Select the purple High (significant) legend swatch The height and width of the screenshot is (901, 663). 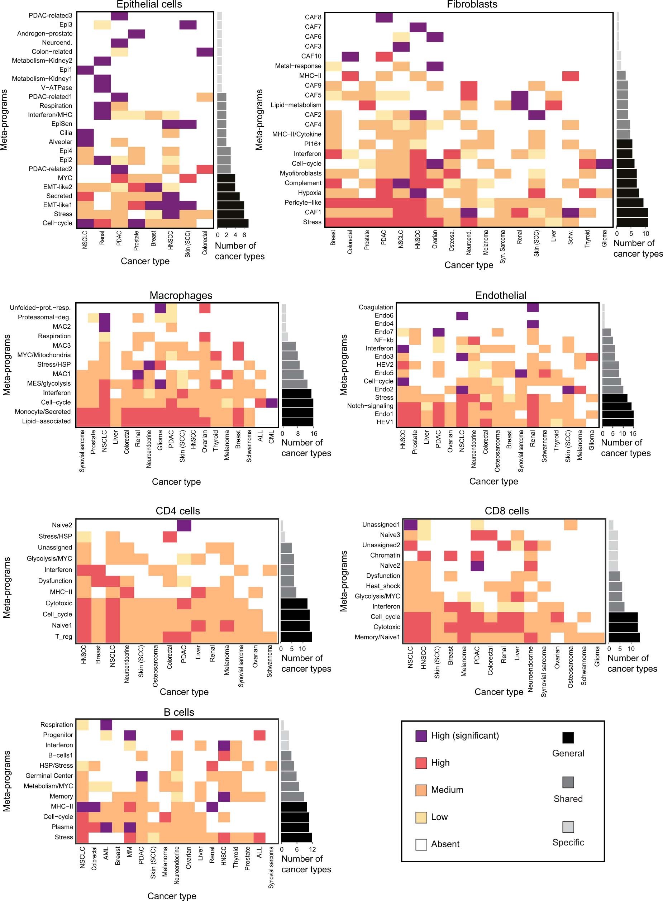pos(421,736)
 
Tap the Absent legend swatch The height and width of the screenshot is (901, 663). pos(421,844)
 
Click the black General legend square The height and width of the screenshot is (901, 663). pos(568,738)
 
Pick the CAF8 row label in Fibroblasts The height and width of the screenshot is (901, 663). pos(313,17)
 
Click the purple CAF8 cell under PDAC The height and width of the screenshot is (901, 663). pos(384,17)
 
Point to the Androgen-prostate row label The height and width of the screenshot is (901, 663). pos(44,34)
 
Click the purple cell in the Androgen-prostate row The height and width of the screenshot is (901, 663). pos(137,34)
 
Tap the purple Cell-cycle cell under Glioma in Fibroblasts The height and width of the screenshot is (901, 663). pos(605,163)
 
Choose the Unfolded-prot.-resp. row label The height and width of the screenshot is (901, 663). pos(40,308)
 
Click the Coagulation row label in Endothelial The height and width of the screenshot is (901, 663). pos(376,307)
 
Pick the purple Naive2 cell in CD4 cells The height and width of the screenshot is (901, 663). pos(184,525)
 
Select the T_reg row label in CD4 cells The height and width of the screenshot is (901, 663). pos(63,637)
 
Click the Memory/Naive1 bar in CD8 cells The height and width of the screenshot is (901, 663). pos(624,637)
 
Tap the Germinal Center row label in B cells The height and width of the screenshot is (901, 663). pos(49,776)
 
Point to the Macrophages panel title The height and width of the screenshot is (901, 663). pos(181,295)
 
